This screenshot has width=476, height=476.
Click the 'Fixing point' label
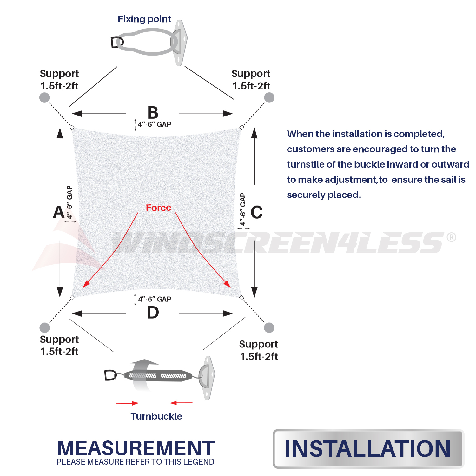tap(144, 19)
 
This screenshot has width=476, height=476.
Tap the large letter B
tap(153, 113)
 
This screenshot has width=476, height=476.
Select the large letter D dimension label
tap(153, 313)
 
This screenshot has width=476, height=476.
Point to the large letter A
tap(59, 212)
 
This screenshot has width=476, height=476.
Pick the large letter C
tap(257, 212)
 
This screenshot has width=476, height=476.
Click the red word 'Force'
tap(158, 208)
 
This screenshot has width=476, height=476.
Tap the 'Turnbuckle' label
tap(156, 416)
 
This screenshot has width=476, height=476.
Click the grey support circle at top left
tap(44, 97)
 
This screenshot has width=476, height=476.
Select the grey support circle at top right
tap(269, 97)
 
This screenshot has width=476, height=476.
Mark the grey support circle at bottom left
tap(45, 327)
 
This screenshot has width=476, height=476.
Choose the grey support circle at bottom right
tap(269, 327)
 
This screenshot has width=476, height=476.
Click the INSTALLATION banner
tap(368, 449)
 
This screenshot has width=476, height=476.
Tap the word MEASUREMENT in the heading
tap(136, 448)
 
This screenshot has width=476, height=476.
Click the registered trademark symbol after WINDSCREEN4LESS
tap(451, 237)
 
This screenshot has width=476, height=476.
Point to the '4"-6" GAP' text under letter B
tap(155, 124)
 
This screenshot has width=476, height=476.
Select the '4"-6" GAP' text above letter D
tap(155, 299)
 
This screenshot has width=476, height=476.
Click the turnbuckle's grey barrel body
tap(158, 376)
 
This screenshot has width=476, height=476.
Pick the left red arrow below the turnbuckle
tap(127, 403)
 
